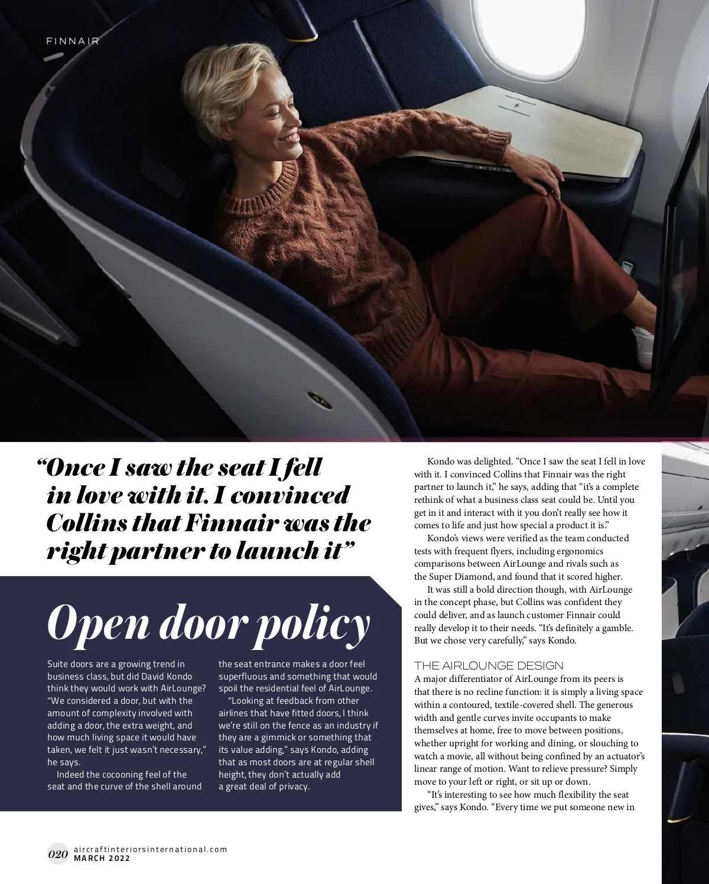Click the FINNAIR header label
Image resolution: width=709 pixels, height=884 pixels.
[x=73, y=41]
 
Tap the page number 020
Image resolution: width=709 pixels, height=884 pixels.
[x=58, y=854]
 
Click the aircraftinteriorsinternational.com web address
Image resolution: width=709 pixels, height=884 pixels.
[x=150, y=849]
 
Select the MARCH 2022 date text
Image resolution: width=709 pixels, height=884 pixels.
[x=102, y=858]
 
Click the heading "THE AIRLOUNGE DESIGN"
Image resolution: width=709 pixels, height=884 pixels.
[x=489, y=665]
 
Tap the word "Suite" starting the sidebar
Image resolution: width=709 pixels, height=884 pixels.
[x=58, y=664]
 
